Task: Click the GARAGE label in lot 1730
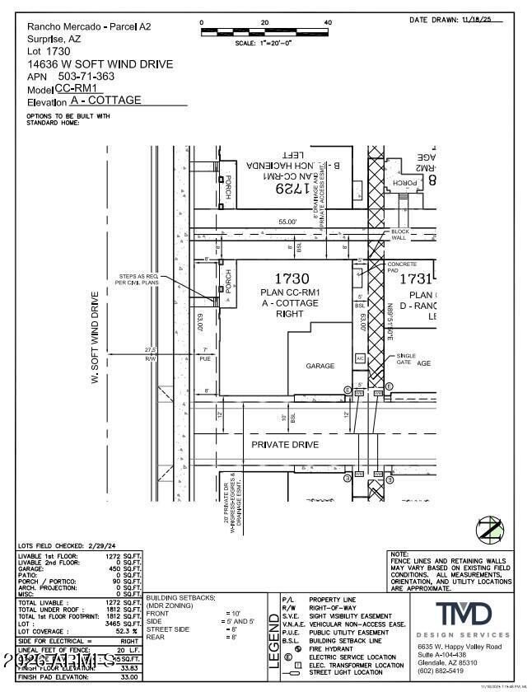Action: (320, 366)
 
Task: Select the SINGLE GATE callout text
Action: (405, 359)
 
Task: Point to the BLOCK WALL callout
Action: (400, 235)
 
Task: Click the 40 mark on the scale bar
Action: (328, 22)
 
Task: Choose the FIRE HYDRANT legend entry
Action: (331, 648)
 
